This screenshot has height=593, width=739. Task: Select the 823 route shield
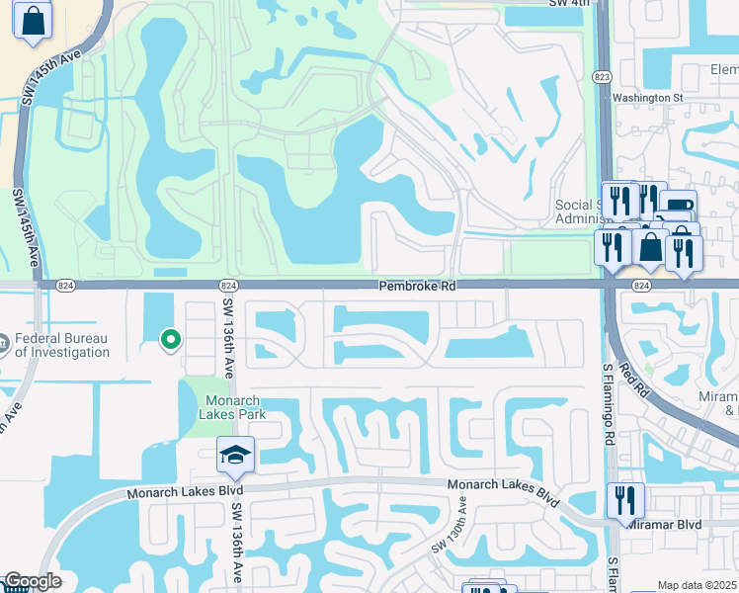click(603, 75)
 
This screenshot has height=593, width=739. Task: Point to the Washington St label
click(647, 98)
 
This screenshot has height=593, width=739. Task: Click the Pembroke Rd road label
click(414, 285)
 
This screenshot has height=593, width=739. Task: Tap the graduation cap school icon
click(236, 456)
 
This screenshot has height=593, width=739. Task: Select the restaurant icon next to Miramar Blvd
click(624, 500)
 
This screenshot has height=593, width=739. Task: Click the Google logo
click(32, 582)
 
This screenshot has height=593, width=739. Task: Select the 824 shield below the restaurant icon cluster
click(640, 286)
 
